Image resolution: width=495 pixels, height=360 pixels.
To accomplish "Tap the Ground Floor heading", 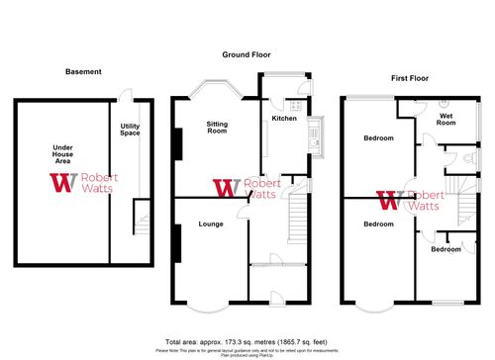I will pos(247,54).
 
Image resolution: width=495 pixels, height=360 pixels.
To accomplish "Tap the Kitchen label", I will pos(285,119).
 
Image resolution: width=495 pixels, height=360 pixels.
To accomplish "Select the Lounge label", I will pos(209,224).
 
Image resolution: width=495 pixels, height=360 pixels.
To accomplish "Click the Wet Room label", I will pos(446,120).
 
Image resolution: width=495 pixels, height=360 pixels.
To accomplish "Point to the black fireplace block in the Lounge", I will pos(177,243).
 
